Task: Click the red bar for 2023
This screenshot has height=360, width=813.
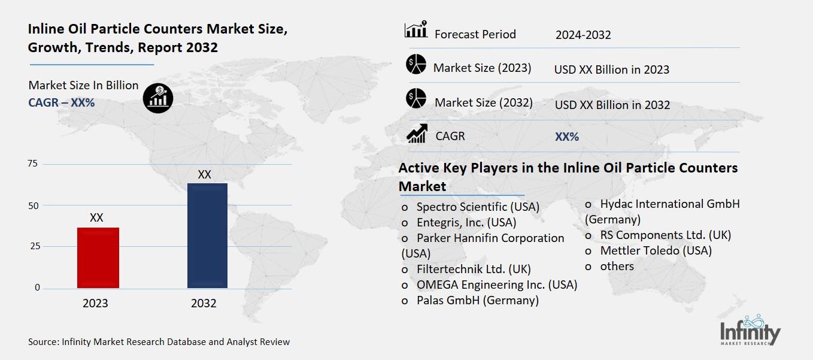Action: (x=98, y=258)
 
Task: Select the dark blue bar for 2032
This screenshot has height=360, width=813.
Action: (x=207, y=235)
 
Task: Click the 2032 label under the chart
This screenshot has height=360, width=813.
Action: (x=204, y=304)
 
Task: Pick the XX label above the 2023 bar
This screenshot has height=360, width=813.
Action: (x=96, y=218)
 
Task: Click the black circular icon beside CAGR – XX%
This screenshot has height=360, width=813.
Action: (x=158, y=97)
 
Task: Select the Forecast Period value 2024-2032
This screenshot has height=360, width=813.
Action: (x=583, y=35)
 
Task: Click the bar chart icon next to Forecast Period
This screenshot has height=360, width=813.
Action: (x=415, y=30)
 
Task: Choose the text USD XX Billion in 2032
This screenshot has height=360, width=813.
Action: (x=612, y=105)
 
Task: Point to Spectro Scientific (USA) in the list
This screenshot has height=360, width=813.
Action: (x=478, y=207)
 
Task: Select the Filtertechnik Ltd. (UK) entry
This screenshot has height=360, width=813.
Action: (x=474, y=269)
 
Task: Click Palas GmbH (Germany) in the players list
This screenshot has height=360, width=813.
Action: (x=477, y=300)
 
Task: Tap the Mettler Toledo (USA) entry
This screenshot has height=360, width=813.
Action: (x=656, y=251)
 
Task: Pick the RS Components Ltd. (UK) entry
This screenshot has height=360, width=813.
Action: (x=665, y=235)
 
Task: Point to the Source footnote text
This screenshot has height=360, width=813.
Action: (x=159, y=342)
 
